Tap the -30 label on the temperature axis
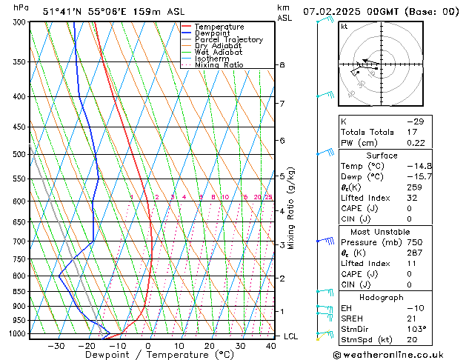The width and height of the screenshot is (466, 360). pos(56,346)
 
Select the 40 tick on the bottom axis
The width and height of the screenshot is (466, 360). pos(271,346)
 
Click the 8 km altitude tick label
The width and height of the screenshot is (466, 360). pos(282,65)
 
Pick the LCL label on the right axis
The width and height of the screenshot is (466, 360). pos(291,336)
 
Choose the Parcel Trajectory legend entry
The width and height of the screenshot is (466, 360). pos(228,40)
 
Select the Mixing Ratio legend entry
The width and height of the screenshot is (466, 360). pos(219,65)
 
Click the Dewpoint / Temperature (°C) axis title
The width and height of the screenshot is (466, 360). pos(148,356)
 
